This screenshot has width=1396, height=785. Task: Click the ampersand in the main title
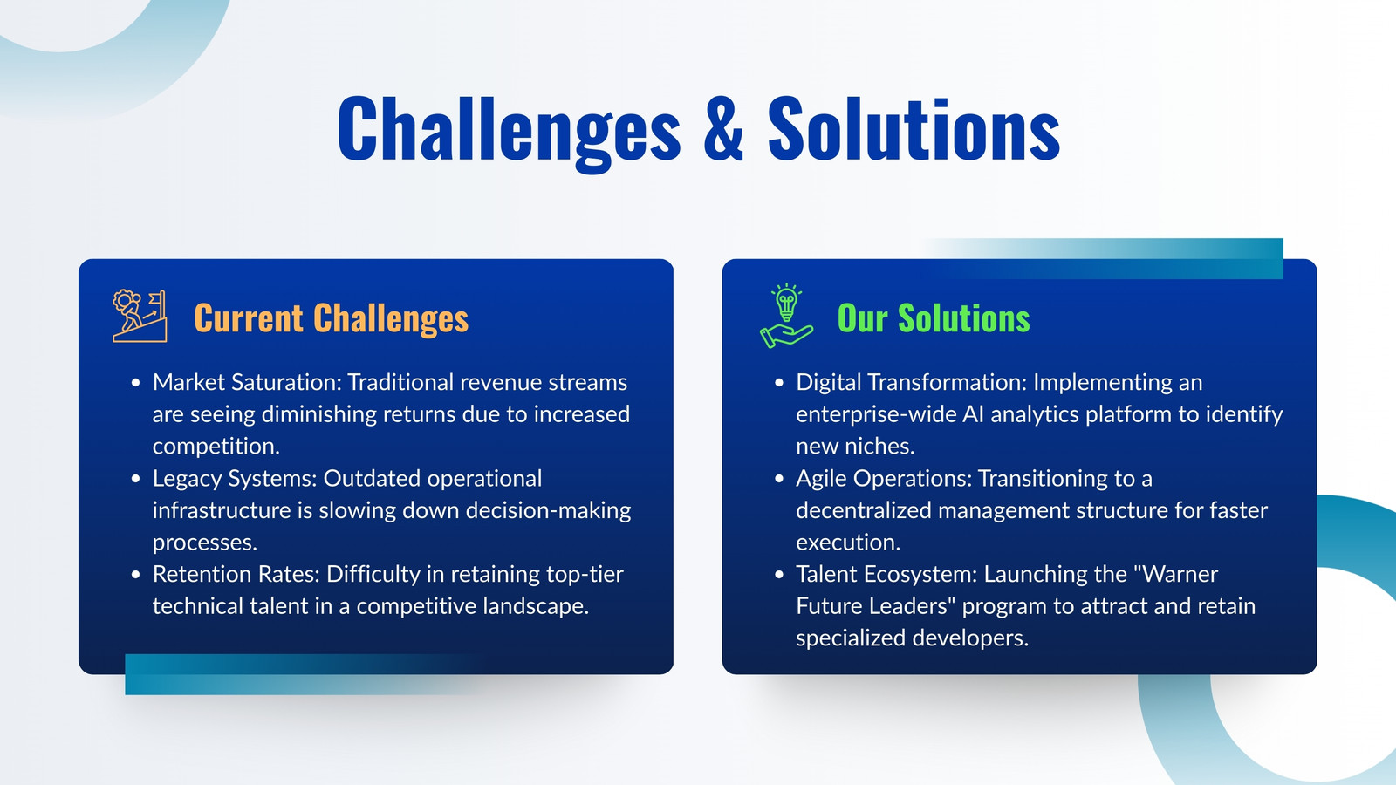click(723, 128)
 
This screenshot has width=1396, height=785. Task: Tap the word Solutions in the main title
click(914, 128)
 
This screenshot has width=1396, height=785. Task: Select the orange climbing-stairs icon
click(140, 316)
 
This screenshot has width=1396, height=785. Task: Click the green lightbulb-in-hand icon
click(786, 316)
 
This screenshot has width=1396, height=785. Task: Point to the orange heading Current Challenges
click(331, 318)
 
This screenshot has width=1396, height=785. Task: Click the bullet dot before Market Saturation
click(136, 383)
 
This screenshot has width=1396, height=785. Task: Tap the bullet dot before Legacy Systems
click(136, 479)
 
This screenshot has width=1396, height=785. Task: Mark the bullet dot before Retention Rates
click(136, 575)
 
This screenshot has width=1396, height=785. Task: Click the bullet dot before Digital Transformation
click(779, 383)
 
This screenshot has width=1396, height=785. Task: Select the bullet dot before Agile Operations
click(779, 479)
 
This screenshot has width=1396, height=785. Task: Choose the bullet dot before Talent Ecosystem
click(779, 575)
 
